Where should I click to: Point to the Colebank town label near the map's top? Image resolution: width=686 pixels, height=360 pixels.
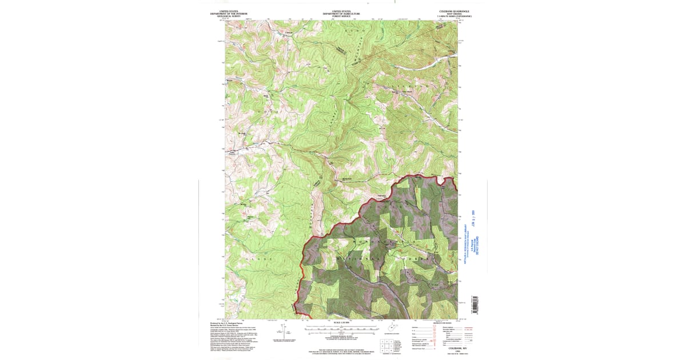289,32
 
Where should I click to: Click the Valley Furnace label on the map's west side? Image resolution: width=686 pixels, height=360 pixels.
233,152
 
